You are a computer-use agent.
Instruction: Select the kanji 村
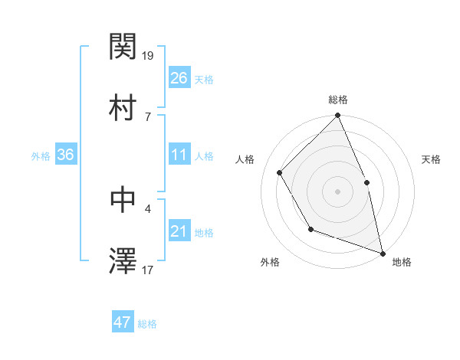pyautogui.click(x=123, y=108)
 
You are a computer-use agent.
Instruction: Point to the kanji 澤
pyautogui.click(x=123, y=261)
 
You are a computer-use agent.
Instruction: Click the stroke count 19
pyautogui.click(x=149, y=55)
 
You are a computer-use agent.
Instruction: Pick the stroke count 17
pyautogui.click(x=149, y=270)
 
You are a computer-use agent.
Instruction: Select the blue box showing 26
pyautogui.click(x=179, y=78)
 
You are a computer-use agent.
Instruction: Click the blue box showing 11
pyautogui.click(x=179, y=155)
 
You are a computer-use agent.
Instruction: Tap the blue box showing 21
pyautogui.click(x=179, y=231)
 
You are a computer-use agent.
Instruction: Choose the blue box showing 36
pyautogui.click(x=65, y=155)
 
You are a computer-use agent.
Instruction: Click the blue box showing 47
pyautogui.click(x=123, y=322)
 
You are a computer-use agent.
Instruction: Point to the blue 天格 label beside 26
pyautogui.click(x=204, y=80)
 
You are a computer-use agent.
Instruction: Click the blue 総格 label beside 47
pyautogui.click(x=147, y=324)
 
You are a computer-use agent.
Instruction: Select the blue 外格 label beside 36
pyautogui.click(x=41, y=156)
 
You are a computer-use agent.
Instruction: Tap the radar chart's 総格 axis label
pyautogui.click(x=338, y=100)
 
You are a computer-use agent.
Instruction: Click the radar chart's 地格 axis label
pyautogui.click(x=402, y=262)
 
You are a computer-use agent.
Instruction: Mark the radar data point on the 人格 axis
pyautogui.click(x=280, y=172)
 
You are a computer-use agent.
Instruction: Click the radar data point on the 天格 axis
pyautogui.click(x=366, y=182)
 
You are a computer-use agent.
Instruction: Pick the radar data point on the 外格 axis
pyautogui.click(x=310, y=229)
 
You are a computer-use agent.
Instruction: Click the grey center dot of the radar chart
pyautogui.click(x=338, y=191)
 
